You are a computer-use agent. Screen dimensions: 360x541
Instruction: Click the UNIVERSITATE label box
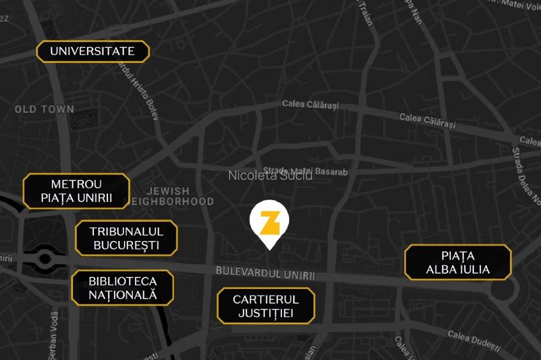point(93,51)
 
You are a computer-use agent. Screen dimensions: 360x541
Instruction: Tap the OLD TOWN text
point(44,109)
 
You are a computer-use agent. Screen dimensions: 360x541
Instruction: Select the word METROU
point(76,184)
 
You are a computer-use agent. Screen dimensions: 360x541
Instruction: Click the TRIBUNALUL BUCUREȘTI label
point(126,238)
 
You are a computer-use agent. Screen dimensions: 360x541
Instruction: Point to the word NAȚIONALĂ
point(122,295)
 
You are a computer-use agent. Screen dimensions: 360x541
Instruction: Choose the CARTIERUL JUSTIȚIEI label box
point(265,306)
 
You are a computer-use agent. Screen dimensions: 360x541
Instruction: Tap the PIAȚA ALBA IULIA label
point(458,262)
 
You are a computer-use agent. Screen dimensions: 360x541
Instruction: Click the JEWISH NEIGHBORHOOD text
point(169,196)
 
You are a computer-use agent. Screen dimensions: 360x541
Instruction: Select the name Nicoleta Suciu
point(270,175)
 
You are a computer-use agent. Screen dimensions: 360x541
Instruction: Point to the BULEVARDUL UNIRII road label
point(265,273)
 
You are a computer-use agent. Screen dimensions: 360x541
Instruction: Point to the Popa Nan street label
point(413,11)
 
